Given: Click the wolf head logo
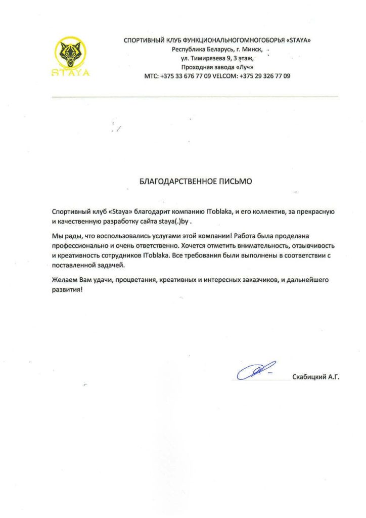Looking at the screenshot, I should [x=70, y=54].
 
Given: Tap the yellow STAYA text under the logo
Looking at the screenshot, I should [x=71, y=72].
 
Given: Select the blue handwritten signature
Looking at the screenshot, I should [x=255, y=372].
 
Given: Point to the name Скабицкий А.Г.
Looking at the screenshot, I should [x=315, y=376].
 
